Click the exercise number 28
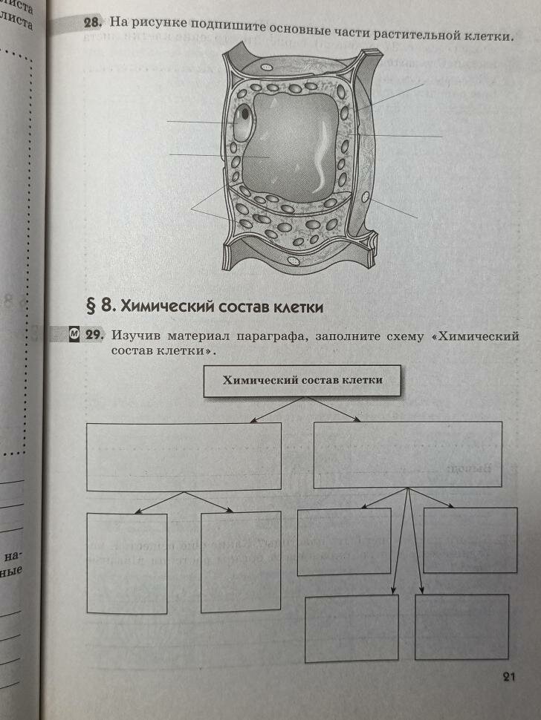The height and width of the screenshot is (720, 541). (x=92, y=24)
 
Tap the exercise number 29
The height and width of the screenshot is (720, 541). (x=94, y=336)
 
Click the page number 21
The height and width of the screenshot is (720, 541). (x=508, y=675)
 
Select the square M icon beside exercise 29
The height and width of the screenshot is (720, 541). (x=74, y=335)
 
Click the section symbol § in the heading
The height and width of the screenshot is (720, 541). (x=93, y=305)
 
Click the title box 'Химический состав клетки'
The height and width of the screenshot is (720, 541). (x=303, y=381)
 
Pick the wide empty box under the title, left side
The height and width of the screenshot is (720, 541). (x=184, y=456)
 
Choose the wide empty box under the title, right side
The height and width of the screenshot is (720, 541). (x=409, y=454)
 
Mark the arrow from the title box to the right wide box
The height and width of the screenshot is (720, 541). (x=334, y=410)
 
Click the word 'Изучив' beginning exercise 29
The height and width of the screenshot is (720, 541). (x=133, y=336)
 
